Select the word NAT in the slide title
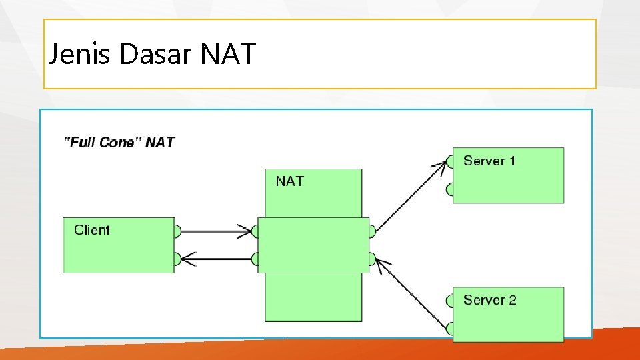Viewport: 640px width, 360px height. pos(227,54)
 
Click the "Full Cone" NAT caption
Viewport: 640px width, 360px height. pos(119,142)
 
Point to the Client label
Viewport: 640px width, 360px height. pos(92,230)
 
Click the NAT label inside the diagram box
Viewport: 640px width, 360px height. pos(290,181)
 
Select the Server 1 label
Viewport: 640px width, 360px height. pos(489,161)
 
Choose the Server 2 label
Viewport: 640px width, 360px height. pos(490,300)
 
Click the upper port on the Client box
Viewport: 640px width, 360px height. pos(177,231)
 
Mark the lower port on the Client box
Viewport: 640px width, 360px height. pos(177,259)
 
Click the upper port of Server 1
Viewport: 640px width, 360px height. pos(450,161)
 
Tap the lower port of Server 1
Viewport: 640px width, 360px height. pos(450,190)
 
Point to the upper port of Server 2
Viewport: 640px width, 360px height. pos(450,300)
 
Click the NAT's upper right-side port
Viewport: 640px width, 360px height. pos(372,231)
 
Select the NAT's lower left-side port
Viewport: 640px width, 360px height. pos(255,259)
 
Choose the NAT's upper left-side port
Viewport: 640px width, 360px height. pos(255,231)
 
